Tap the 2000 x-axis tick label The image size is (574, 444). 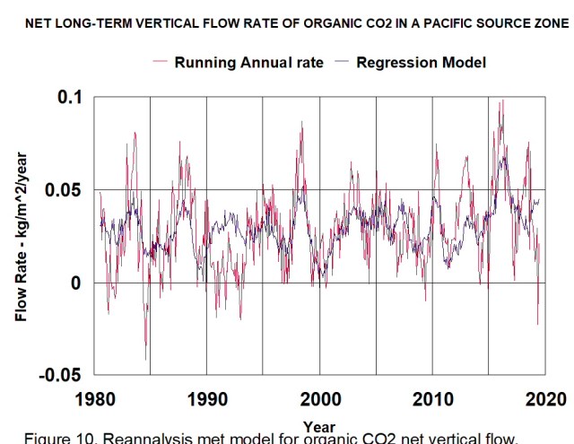pyautogui.click(x=320, y=398)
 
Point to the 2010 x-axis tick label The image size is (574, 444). pyautogui.click(x=432, y=398)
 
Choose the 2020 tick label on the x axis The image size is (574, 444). pyautogui.click(x=545, y=398)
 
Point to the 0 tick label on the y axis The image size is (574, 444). pyautogui.click(x=75, y=283)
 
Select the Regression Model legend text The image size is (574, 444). pyautogui.click(x=422, y=62)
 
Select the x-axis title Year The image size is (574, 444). pyautogui.click(x=319, y=427)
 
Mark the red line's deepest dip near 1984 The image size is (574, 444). pyautogui.click(x=145, y=360)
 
